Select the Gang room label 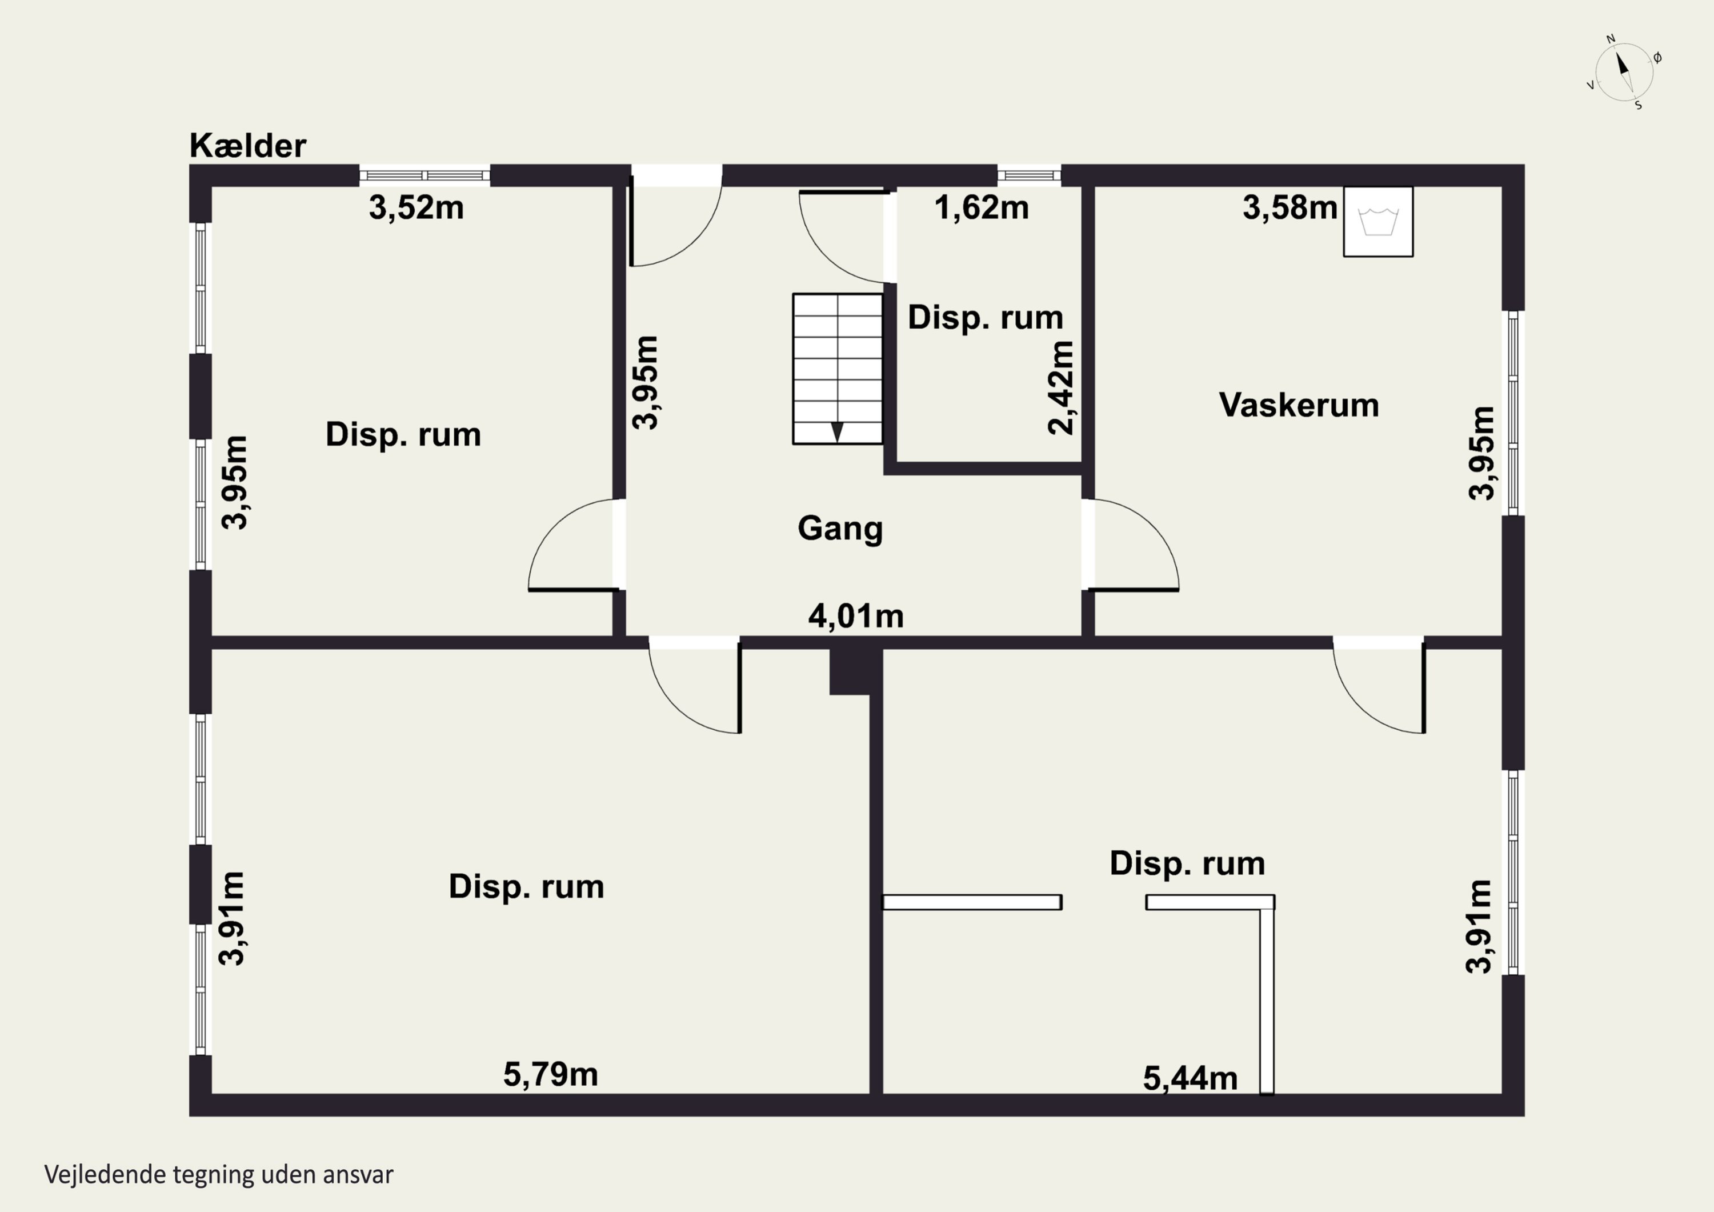840,528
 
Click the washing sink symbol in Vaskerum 1377,222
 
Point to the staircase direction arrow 837,431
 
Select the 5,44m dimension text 1190,1078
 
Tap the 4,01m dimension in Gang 855,616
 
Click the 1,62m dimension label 981,207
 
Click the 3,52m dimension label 416,207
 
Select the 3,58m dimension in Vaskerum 1289,207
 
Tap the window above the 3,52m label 424,175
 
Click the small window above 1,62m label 1029,175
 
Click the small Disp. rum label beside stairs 984,317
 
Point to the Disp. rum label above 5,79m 526,886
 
